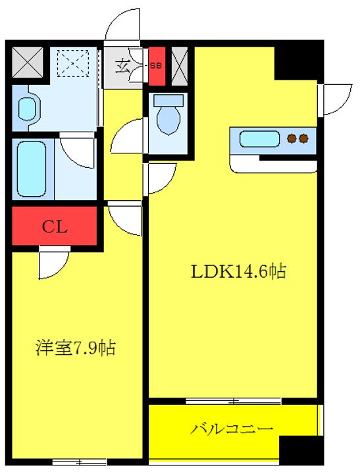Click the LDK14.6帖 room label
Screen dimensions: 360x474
click(238, 271)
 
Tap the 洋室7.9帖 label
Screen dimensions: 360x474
click(76, 348)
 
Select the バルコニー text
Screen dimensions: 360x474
click(232, 429)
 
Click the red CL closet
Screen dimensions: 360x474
click(55, 226)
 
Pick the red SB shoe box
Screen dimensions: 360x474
click(157, 66)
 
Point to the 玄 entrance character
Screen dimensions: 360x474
click(123, 66)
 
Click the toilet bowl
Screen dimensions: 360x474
click(168, 115)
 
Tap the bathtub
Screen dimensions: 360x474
click(32, 169)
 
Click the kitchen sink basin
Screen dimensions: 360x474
click(259, 139)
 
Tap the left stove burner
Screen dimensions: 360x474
click(292, 139)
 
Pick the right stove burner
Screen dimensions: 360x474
click(303, 139)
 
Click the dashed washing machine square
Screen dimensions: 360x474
click(73, 63)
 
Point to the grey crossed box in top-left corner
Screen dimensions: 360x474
click(28, 62)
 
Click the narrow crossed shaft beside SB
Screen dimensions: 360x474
click(180, 66)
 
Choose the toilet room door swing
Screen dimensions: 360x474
click(128, 136)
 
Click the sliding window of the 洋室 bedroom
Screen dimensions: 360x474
click(80, 462)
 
